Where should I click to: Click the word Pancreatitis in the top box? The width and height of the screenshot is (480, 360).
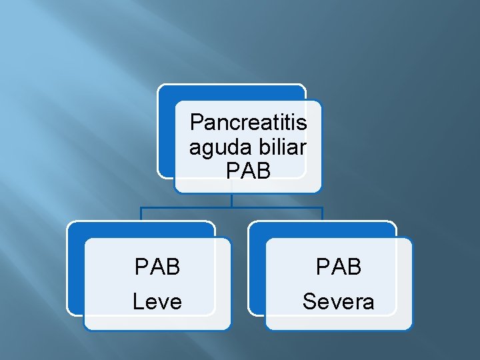248,123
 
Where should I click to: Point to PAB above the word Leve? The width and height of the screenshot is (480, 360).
157,267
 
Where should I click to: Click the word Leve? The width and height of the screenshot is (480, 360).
157,302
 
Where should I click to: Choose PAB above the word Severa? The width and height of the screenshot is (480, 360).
339,267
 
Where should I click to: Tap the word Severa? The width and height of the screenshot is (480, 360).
339,302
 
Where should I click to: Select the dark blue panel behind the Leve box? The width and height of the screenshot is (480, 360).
75,267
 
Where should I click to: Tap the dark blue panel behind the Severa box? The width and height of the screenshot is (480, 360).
257,267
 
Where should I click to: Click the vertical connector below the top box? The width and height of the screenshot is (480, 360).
231,199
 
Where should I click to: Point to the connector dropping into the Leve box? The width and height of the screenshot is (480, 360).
141,214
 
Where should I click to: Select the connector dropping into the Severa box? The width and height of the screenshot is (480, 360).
322,214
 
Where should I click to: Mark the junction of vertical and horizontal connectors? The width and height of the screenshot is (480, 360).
231,207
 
